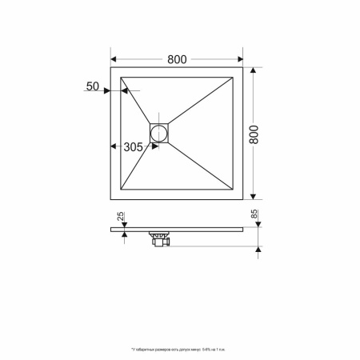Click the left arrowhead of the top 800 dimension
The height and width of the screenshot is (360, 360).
[113, 60]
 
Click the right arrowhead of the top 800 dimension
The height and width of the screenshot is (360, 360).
[241, 60]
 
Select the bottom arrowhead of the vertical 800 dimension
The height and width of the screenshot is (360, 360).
[254, 197]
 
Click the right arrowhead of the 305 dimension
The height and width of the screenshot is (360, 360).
[148, 146]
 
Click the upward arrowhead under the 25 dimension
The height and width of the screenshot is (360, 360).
[124, 234]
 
